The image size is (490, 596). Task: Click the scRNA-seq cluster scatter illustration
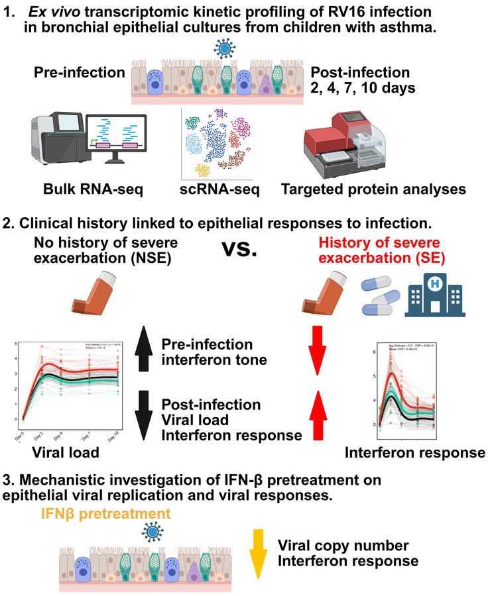click(235, 136)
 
